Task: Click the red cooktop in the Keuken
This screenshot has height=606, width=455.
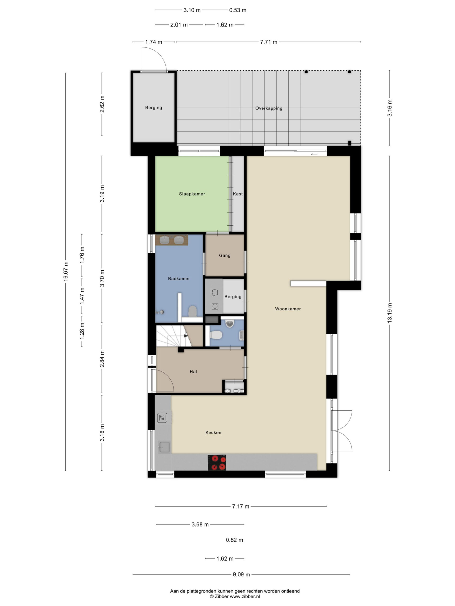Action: click(x=217, y=463)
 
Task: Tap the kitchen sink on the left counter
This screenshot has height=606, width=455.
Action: click(x=164, y=447)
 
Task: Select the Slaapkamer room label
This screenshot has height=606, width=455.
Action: click(x=192, y=194)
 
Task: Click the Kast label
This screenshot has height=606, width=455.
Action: click(x=238, y=194)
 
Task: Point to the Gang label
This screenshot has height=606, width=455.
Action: click(x=225, y=256)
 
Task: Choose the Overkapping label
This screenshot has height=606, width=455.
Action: click(x=269, y=108)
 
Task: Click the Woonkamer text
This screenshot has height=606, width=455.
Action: click(x=288, y=309)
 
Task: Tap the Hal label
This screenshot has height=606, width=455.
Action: click(x=193, y=372)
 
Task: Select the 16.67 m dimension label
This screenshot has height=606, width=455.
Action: click(x=66, y=272)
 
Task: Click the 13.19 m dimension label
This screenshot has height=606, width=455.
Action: click(x=389, y=313)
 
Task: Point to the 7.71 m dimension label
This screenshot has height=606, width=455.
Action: click(x=269, y=42)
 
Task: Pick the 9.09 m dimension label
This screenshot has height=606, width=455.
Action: click(x=241, y=575)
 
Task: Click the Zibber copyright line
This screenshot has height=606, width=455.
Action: click(x=235, y=596)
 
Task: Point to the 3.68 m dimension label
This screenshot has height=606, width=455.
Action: click(x=200, y=524)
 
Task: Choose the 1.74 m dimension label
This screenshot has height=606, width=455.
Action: click(x=154, y=42)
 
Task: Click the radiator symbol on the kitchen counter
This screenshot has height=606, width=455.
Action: click(x=162, y=418)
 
